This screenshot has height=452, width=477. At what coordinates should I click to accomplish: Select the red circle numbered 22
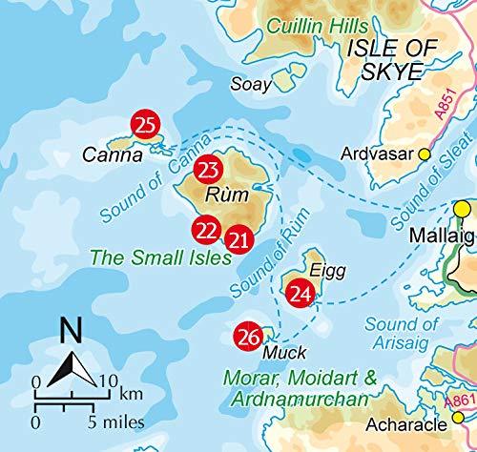205,230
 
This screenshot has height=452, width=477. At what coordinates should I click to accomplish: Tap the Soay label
251,85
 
